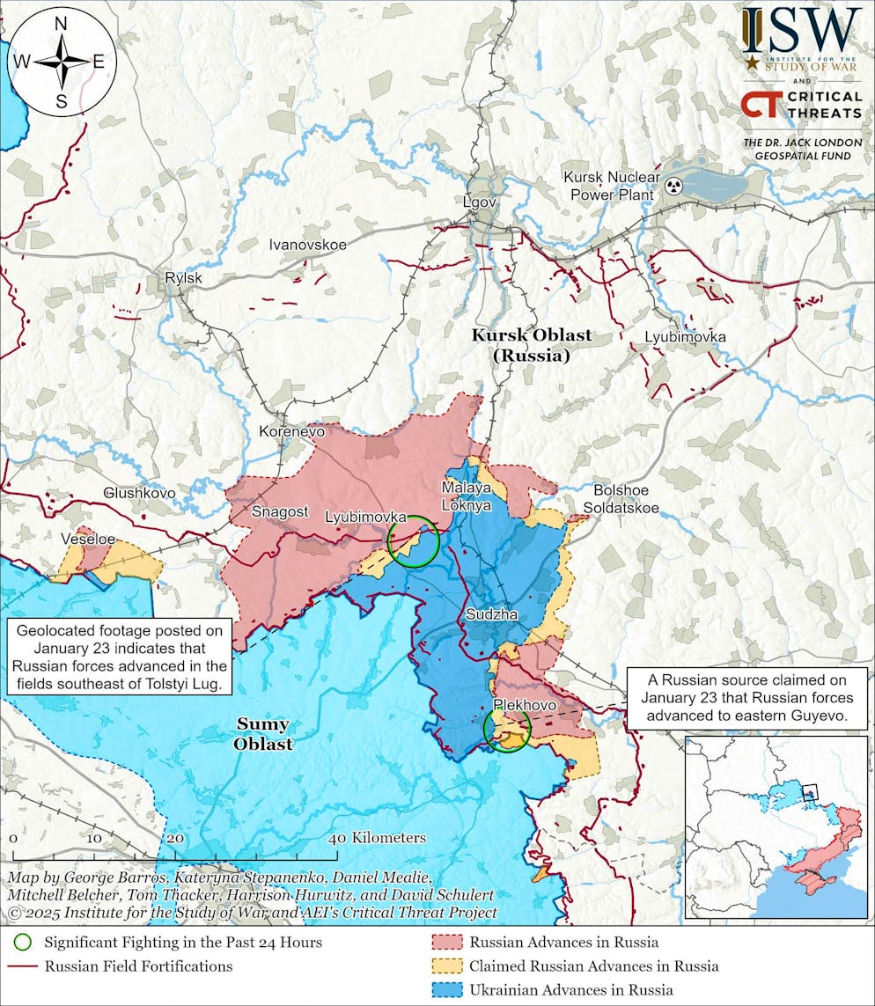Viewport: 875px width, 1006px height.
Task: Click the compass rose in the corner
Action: [62, 62]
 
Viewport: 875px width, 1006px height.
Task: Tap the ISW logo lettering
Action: [800, 31]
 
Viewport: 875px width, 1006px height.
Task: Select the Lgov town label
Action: [480, 202]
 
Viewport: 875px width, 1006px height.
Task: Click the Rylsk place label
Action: [183, 279]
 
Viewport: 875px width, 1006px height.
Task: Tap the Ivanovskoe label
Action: [307, 245]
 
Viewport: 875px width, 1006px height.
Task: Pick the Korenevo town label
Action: [291, 431]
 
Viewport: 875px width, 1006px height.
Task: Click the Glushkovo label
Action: [139, 493]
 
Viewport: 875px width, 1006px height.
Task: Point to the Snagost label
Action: [281, 511]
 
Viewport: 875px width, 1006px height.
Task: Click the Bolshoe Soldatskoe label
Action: [621, 499]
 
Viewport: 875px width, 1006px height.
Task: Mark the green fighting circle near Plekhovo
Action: [507, 730]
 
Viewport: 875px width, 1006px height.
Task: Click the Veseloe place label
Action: [88, 538]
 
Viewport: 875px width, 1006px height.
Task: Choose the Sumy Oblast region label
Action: [263, 734]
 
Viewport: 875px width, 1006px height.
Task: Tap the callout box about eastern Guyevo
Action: [746, 698]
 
